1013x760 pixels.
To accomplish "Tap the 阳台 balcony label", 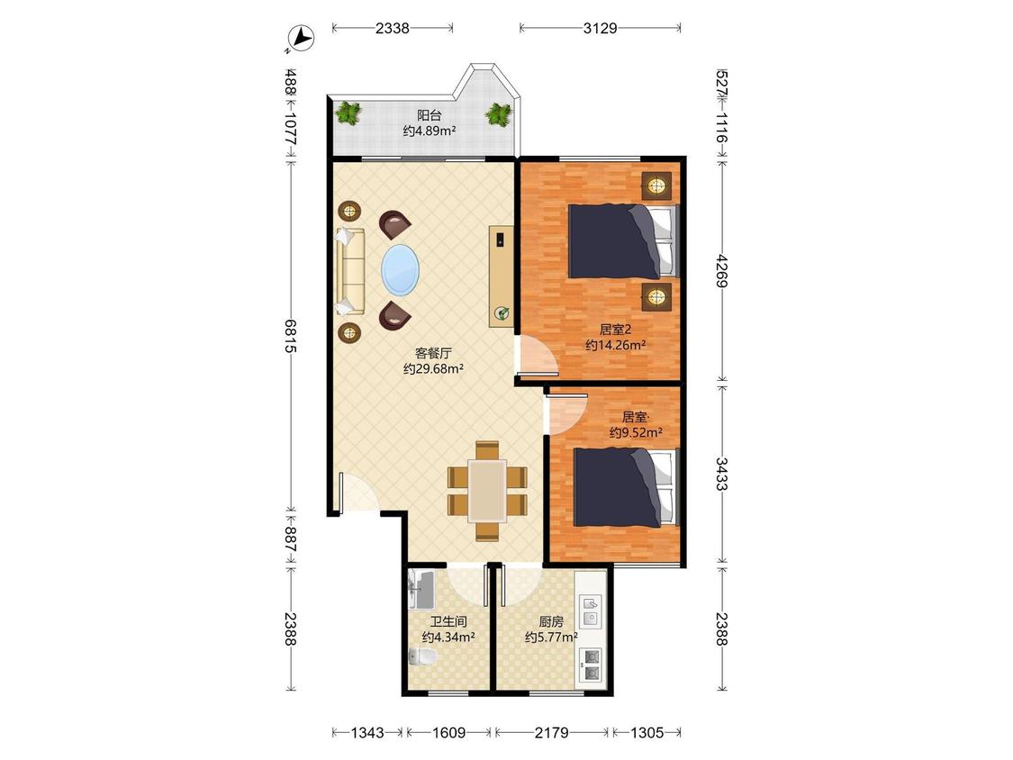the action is (429, 115).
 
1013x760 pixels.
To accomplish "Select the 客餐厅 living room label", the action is (433, 354).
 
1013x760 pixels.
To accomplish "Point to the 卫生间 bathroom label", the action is (448, 621).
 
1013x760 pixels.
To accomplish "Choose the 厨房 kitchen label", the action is (551, 621).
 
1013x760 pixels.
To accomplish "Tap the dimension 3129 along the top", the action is (601, 28).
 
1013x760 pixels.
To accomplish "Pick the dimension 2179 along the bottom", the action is (552, 732).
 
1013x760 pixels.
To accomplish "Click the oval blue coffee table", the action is (400, 269).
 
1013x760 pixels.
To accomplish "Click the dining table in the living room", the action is (487, 491).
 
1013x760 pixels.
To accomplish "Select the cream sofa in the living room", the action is (349, 271).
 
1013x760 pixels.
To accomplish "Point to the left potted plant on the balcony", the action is (348, 113).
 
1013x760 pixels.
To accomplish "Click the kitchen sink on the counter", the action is (591, 611).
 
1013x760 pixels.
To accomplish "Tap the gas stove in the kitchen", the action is (592, 665).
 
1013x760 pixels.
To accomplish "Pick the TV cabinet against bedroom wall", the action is (501, 276).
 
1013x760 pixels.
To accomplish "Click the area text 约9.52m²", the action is (636, 432).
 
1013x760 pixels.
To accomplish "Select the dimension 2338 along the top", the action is (393, 28).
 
